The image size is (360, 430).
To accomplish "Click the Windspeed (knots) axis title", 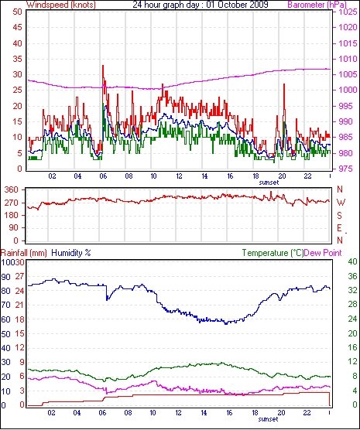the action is tap(60, 5).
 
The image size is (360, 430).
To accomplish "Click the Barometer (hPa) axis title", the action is tap(317, 5).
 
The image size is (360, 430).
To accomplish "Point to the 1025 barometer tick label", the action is tap(348, 12).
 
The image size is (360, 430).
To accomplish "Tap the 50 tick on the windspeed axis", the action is tap(17, 12).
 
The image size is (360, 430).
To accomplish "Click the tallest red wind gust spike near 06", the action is tap(103, 66).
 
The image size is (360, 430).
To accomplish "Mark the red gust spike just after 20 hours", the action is tap(284, 84).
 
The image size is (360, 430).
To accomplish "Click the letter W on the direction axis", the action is tap(341, 203).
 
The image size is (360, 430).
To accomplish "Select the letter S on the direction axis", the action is tap(340, 216).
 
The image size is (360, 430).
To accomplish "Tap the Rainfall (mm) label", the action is tap(24, 253).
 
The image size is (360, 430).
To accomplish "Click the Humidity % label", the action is tap(71, 253).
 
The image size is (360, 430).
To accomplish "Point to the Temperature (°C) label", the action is tap(273, 253).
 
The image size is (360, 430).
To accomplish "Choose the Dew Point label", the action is tap(323, 253).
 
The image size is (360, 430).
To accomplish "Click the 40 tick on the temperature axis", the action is tap(352, 261).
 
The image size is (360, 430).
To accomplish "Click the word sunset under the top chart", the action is tap(269, 183).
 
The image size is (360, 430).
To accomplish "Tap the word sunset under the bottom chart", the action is tap(269, 419).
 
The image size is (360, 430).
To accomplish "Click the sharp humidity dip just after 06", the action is tap(107, 299).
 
